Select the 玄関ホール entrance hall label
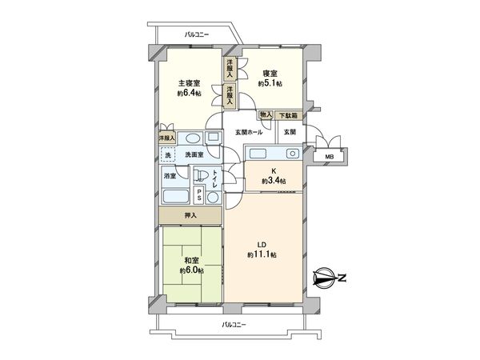[250, 132]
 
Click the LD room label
[262, 244]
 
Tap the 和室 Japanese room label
[190, 260]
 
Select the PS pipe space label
[211, 194]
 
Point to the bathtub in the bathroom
[175, 196]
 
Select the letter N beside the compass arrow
[342, 279]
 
